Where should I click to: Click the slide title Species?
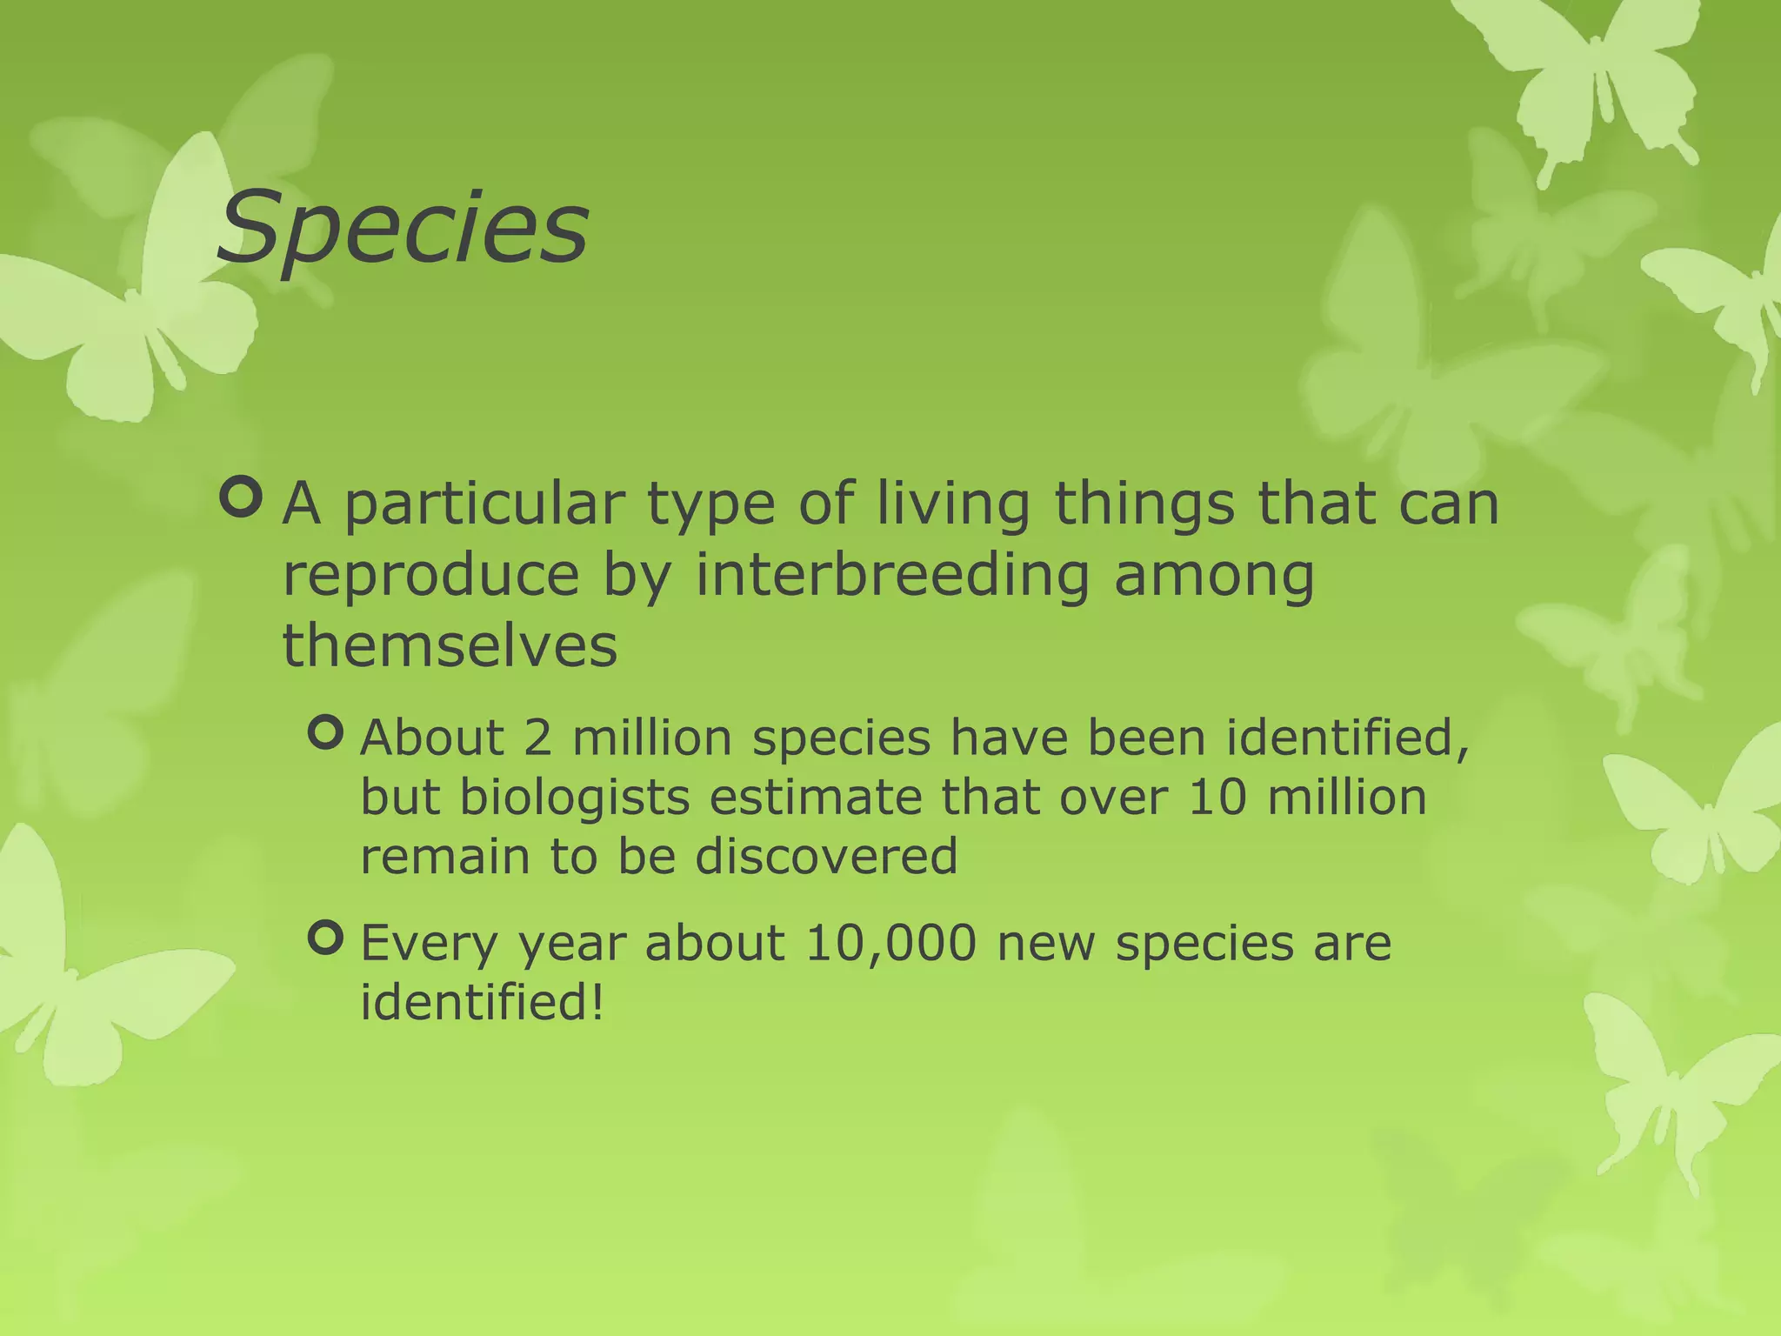(403, 228)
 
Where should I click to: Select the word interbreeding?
(892, 575)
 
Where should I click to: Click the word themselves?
(450, 646)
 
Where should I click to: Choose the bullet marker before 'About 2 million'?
(327, 732)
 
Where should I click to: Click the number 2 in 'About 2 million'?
(537, 738)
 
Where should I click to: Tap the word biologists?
(574, 798)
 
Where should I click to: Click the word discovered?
(825, 856)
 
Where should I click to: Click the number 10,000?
(890, 944)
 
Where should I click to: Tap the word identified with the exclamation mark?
(481, 1002)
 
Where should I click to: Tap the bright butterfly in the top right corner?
(1591, 78)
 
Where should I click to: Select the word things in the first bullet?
(1144, 504)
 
